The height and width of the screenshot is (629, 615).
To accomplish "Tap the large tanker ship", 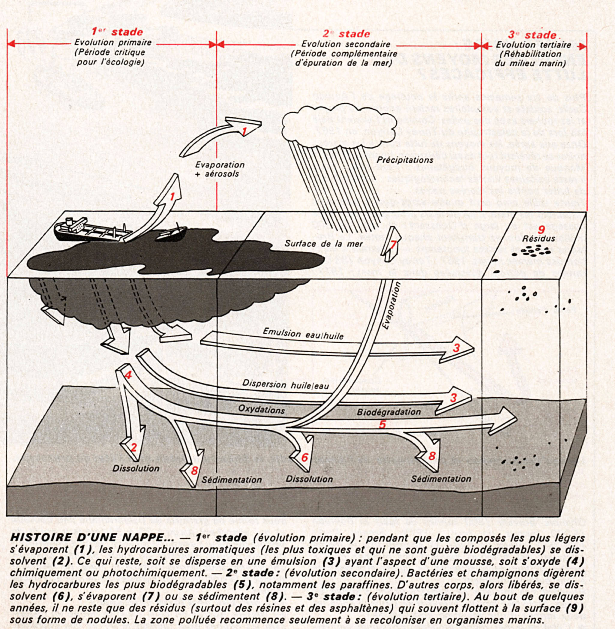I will point(90,231).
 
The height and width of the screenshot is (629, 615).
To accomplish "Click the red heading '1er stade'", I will point(117,32).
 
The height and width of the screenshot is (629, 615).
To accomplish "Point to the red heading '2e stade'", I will point(346,34).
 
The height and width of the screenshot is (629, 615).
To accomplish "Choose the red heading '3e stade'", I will point(532,35).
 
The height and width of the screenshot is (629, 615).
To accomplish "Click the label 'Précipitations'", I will point(405,160).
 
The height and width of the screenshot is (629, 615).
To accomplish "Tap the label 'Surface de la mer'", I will point(323,244).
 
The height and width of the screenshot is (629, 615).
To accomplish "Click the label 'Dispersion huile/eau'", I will point(286,384).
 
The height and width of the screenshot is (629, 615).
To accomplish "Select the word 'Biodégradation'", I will point(388,412).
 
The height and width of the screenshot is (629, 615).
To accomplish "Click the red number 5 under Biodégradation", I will point(382,424).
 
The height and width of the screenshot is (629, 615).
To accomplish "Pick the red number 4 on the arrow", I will point(128,375).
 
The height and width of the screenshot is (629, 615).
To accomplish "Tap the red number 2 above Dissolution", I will point(133,447).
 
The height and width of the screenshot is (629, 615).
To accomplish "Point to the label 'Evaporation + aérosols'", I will point(220,169).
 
